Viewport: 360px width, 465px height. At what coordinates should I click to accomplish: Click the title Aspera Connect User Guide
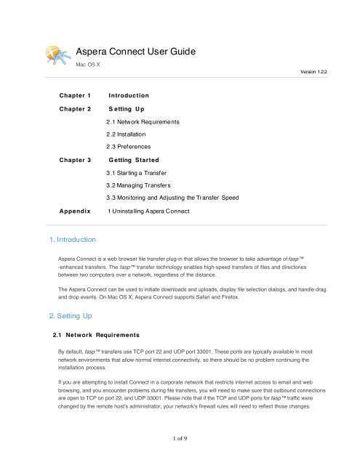pos(135,52)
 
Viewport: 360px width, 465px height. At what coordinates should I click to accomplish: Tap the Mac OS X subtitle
pos(90,65)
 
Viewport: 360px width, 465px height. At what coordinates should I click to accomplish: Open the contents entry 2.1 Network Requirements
pos(149,121)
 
